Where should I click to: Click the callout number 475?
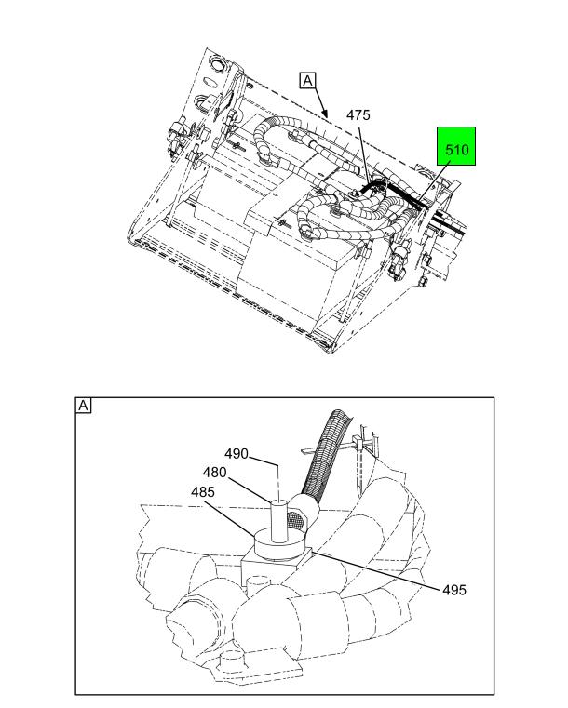coord(358,115)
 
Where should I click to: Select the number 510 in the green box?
coord(457,150)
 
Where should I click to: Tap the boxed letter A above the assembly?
coord(307,81)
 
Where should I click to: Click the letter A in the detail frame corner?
coord(83,406)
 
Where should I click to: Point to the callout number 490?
coord(237,454)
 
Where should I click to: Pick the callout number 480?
coord(214,473)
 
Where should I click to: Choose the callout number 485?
coord(202,492)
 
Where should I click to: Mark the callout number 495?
coord(454,590)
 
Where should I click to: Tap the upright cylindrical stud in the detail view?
coord(278,521)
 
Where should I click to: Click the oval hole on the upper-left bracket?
coord(210,82)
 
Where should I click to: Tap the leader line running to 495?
coord(375,569)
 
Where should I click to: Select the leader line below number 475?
coord(365,154)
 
